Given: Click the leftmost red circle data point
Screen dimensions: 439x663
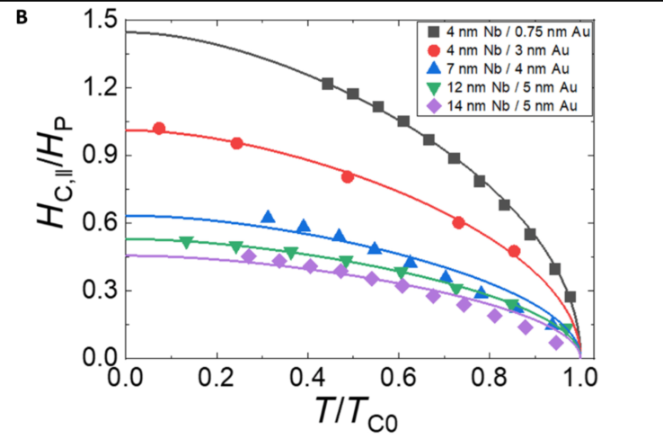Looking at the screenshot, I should coord(159,129).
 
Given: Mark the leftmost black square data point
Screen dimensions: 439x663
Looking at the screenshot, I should coord(328,84).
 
